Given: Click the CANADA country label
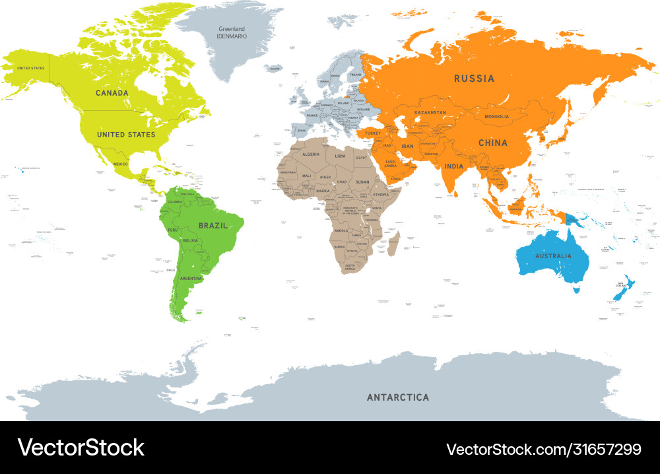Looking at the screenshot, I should [112, 93].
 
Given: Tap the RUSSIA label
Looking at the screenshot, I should [474, 79].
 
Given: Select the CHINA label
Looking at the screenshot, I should [493, 143].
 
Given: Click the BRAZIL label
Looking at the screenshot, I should [213, 225].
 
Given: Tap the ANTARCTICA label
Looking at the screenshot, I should [397, 397].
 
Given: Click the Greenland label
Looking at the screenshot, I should [231, 29].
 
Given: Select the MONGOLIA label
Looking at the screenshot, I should [496, 117].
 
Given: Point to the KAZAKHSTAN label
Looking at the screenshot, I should [430, 113].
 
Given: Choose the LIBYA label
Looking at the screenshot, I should [341, 156].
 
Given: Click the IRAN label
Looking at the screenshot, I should [408, 147].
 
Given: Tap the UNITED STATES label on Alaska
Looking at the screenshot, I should [30, 68].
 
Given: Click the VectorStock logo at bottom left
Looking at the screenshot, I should [81, 448].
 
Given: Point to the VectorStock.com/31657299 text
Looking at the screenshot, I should [544, 450].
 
